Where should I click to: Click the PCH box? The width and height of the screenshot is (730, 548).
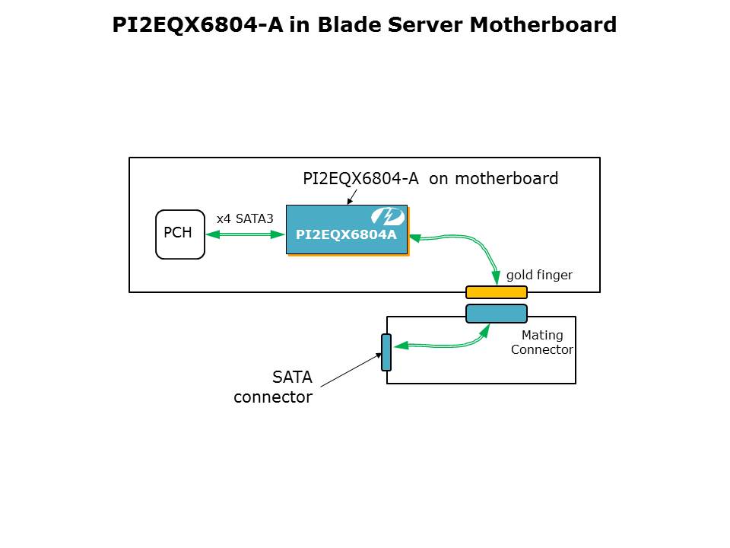tap(180, 234)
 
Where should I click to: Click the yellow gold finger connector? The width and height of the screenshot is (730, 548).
tap(496, 292)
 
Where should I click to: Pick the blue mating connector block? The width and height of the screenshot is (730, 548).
tap(496, 314)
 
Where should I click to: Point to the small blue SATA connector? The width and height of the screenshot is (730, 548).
tap(386, 352)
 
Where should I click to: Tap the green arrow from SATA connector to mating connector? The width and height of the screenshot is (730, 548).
tap(441, 346)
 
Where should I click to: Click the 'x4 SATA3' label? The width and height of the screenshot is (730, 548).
tap(245, 218)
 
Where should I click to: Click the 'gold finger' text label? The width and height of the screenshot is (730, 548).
tap(539, 275)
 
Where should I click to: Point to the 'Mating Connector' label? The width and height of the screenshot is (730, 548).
tap(542, 342)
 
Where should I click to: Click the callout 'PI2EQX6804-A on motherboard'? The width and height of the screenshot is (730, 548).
tap(430, 179)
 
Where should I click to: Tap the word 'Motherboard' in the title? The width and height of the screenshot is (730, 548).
tap(542, 25)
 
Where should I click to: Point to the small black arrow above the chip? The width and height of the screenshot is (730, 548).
tap(352, 196)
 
